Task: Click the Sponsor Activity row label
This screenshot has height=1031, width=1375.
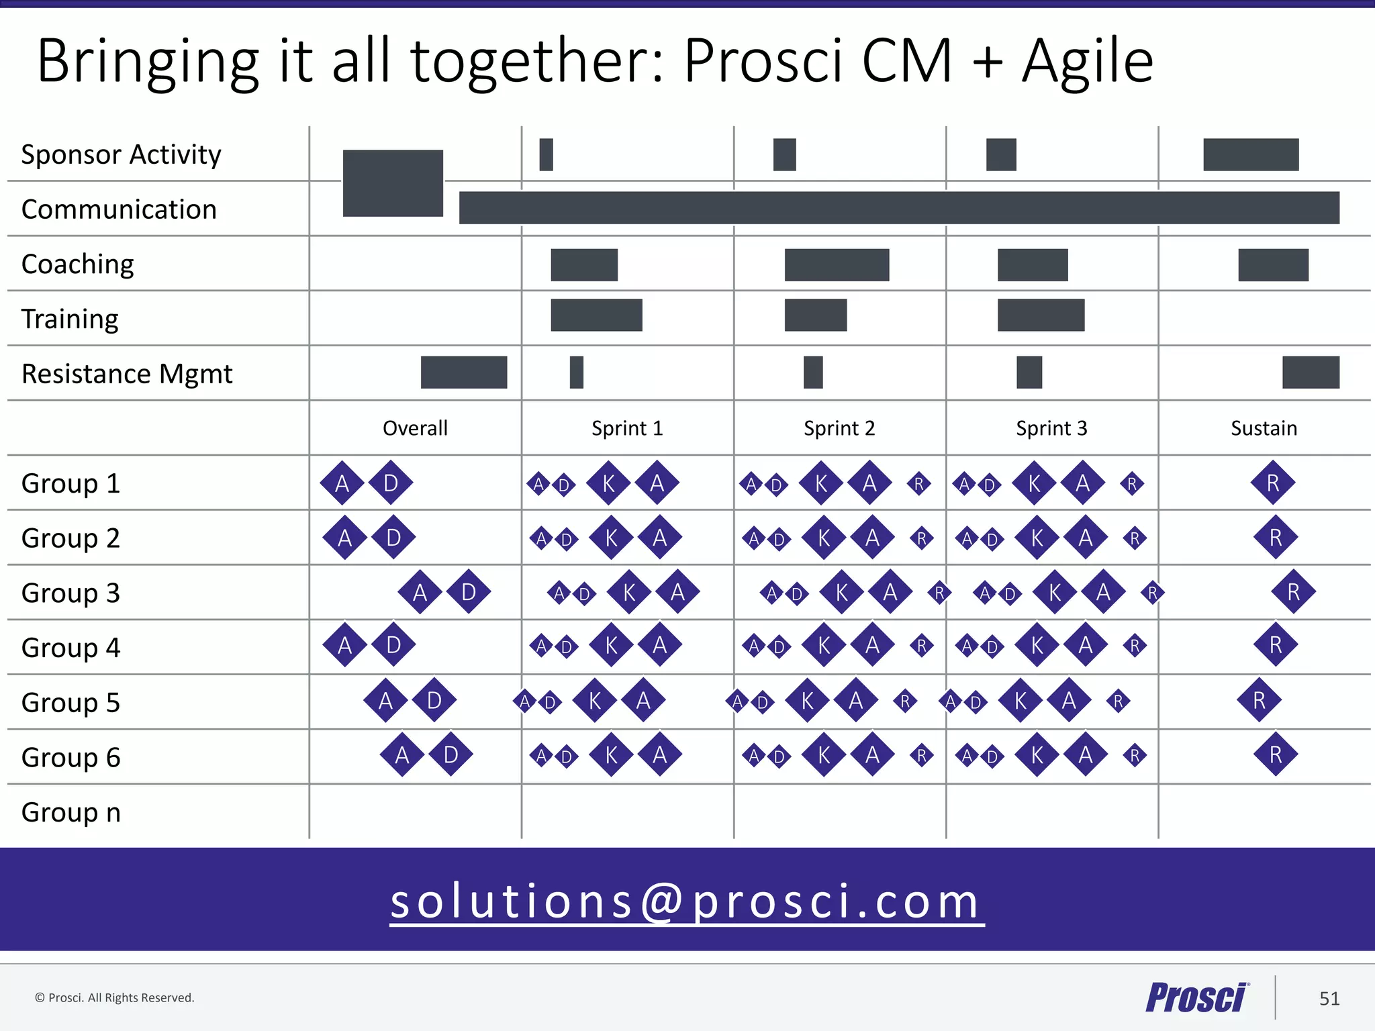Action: [x=121, y=155]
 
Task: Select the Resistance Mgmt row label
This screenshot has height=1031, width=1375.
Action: [x=127, y=374]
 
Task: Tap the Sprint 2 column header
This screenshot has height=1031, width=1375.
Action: [x=839, y=428]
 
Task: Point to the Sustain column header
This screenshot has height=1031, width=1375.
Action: [x=1264, y=428]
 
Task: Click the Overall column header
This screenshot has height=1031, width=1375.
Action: [x=415, y=428]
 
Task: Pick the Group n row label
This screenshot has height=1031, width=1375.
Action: [x=71, y=812]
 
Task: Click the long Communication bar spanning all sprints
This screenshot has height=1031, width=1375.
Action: [x=899, y=208]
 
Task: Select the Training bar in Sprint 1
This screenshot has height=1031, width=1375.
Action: [x=596, y=315]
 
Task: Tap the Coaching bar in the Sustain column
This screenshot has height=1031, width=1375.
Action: [x=1273, y=265]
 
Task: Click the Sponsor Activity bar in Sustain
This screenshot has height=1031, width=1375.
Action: [x=1251, y=155]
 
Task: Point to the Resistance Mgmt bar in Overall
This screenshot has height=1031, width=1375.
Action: [x=464, y=373]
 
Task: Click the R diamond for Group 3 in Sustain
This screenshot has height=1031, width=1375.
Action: [x=1293, y=592]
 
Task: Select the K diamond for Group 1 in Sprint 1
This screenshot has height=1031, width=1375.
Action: [x=609, y=483]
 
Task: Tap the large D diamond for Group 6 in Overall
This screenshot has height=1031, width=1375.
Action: [x=451, y=755]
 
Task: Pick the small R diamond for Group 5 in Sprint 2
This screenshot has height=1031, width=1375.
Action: [x=905, y=701]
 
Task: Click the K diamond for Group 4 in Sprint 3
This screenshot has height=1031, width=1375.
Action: [x=1037, y=646]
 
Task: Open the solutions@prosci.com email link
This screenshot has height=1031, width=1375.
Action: [x=687, y=901]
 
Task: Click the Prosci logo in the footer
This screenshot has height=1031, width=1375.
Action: [x=1197, y=997]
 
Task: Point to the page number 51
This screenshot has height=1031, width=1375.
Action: [x=1329, y=999]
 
